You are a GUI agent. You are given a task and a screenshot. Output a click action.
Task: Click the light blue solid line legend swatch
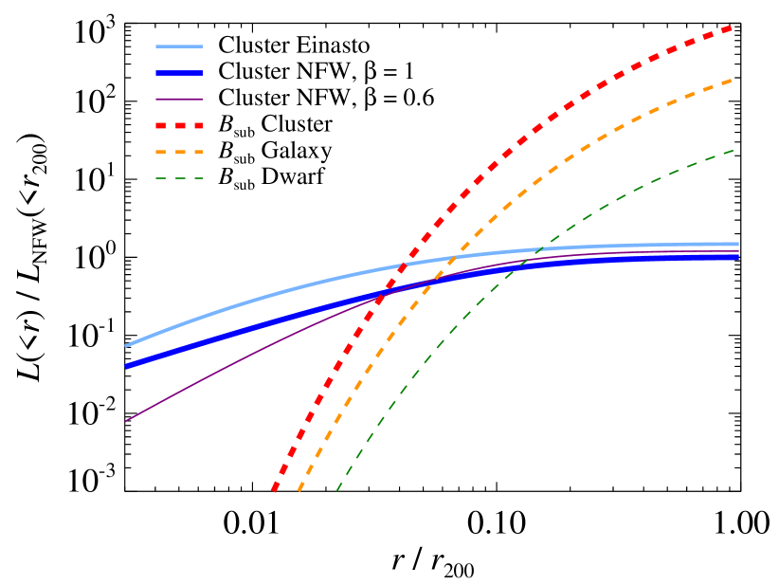click(179, 46)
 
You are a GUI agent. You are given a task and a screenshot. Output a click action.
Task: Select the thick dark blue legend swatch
click(179, 73)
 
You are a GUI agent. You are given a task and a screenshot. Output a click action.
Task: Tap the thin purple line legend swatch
click(179, 99)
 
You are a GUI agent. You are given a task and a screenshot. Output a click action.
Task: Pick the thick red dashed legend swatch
click(179, 125)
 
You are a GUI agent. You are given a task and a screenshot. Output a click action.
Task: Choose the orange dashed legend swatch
click(179, 152)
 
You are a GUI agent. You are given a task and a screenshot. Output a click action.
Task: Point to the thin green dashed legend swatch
click(179, 178)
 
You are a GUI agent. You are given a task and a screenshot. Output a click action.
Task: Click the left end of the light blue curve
click(126, 346)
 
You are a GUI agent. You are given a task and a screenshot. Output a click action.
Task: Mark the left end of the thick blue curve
click(126, 365)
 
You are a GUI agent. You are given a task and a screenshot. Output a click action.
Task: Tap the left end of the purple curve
click(126, 421)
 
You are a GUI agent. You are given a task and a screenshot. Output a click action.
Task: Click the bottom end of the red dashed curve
click(274, 490)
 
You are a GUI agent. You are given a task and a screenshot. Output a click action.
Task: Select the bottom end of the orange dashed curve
click(299, 490)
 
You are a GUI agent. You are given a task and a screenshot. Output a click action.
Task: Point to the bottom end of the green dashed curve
click(337, 490)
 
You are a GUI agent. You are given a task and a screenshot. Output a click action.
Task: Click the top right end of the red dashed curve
click(733, 27)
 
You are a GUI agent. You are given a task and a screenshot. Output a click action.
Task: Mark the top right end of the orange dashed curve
click(733, 81)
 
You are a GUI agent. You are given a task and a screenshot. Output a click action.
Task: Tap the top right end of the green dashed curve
click(734, 150)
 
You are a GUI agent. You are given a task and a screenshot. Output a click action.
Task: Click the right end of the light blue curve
click(737, 244)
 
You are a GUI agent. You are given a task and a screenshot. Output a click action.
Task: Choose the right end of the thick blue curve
click(737, 257)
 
